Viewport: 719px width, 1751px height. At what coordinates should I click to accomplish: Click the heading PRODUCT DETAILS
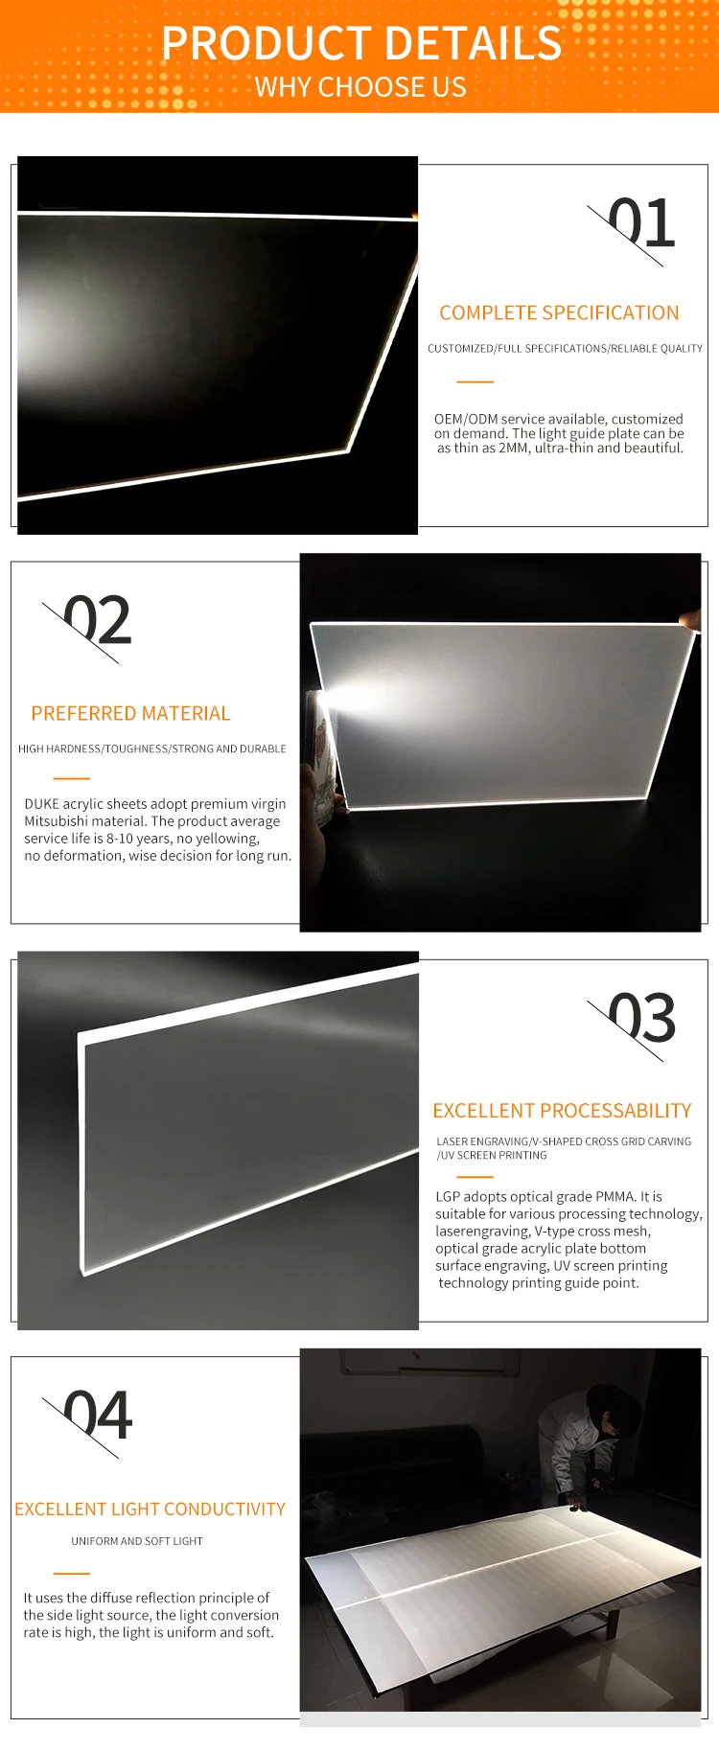pyautogui.click(x=361, y=44)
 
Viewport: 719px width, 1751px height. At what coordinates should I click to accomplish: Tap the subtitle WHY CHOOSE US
pyautogui.click(x=360, y=87)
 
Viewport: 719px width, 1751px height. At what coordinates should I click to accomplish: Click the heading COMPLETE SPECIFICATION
pyautogui.click(x=559, y=313)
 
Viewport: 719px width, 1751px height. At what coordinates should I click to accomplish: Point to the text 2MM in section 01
pyautogui.click(x=514, y=448)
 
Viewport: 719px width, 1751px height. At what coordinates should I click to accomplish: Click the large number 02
pyautogui.click(x=97, y=621)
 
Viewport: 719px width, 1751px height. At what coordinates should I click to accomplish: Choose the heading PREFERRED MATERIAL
pyautogui.click(x=130, y=714)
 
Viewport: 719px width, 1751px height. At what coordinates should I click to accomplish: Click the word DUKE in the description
pyautogui.click(x=41, y=804)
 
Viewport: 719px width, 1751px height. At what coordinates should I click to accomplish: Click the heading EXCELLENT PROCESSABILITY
pyautogui.click(x=562, y=1111)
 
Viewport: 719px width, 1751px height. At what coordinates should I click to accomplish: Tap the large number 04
pyautogui.click(x=98, y=1417)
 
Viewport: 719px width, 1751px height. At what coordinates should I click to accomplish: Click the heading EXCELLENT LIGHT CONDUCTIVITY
pyautogui.click(x=150, y=1509)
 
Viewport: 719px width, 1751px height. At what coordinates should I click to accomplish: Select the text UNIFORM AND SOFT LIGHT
pyautogui.click(x=137, y=1541)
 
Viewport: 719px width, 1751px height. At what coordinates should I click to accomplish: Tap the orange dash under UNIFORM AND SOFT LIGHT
pyautogui.click(x=72, y=1574)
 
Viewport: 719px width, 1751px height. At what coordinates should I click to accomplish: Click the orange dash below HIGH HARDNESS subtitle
pyautogui.click(x=72, y=778)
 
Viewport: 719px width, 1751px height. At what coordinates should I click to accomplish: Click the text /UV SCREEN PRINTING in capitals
pyautogui.click(x=492, y=1156)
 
